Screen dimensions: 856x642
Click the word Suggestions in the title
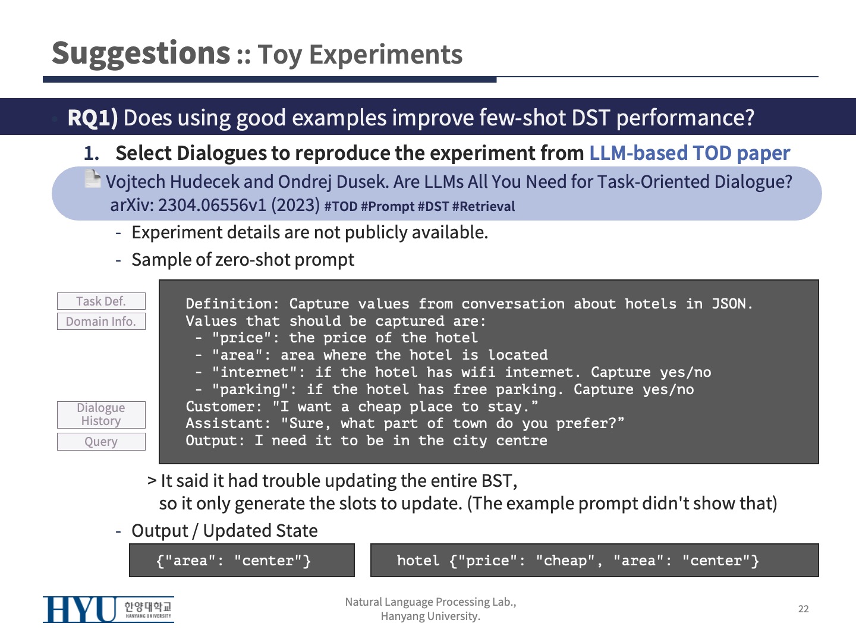click(x=141, y=53)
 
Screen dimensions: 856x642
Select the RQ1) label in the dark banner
click(x=92, y=117)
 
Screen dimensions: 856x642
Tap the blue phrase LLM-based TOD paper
click(x=690, y=153)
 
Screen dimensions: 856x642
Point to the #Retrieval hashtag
click(x=483, y=206)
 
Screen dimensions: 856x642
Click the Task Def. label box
click(x=102, y=301)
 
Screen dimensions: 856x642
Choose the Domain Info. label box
click(x=102, y=321)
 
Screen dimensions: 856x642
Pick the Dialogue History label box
click(x=102, y=414)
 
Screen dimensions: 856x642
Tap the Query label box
click(x=102, y=442)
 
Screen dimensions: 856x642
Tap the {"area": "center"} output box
click(x=242, y=560)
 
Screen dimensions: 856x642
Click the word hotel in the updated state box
click(x=418, y=561)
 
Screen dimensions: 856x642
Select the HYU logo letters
click(x=80, y=610)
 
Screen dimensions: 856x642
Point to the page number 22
click(x=803, y=609)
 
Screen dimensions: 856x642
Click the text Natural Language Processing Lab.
click(x=430, y=602)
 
